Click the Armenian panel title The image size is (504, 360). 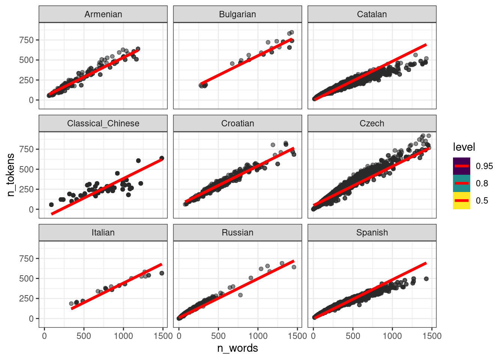(103, 14)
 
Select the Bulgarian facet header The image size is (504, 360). (237, 14)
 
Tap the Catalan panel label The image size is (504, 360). (372, 14)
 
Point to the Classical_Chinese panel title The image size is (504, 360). (103, 123)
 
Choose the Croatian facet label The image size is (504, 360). (237, 123)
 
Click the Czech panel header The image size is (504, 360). (372, 123)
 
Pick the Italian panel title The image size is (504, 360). (103, 232)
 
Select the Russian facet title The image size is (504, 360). (237, 232)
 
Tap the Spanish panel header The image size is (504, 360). (372, 232)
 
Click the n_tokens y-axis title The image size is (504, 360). (11, 175)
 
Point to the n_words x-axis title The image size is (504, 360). (237, 348)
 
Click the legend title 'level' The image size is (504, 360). (464, 147)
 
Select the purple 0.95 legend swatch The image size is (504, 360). (461, 166)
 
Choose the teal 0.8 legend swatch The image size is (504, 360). (461, 183)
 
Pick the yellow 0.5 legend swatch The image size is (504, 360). (461, 201)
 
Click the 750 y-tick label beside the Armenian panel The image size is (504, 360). (27, 40)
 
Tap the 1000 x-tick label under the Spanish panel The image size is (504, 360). (392, 336)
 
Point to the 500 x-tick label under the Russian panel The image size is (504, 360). (218, 336)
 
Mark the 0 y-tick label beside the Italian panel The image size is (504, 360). (31, 319)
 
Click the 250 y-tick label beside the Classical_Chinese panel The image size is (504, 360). (27, 189)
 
